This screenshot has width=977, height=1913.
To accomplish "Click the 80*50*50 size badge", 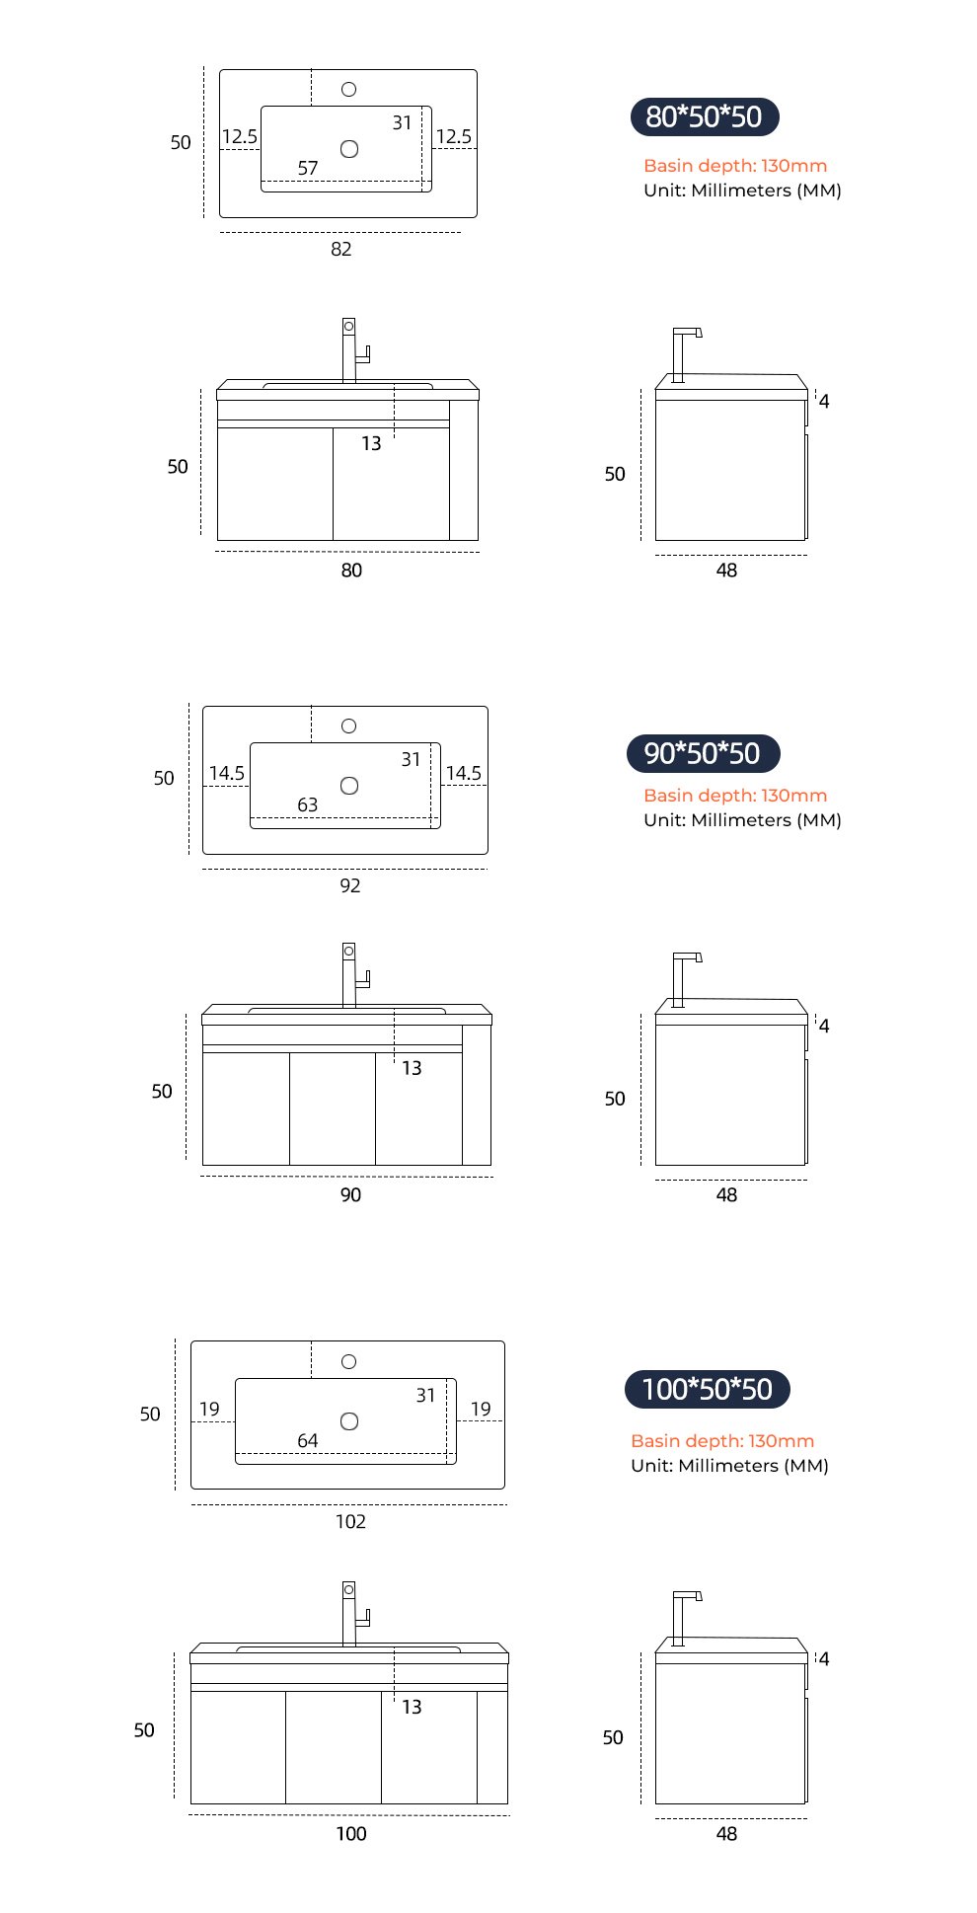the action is pos(705,117).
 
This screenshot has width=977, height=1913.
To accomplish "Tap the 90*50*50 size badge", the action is pos(703,754).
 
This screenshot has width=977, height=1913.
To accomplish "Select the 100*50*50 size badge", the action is pos(707,1390).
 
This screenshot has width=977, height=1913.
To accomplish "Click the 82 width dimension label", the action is pos(341,249).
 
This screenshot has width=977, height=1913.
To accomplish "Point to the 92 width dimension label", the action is pos(350,885).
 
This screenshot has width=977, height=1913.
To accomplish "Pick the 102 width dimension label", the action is pos(350,1521).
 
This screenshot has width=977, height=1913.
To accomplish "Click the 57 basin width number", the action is pos(308,169).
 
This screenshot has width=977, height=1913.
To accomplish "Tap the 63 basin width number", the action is pos(308,805).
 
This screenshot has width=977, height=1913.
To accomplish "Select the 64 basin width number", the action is pos(308,1441).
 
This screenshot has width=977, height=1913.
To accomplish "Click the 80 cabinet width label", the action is pos(351,571).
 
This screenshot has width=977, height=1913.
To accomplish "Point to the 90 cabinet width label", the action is pos(350,1195).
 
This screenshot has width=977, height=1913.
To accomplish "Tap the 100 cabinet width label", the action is pos(351,1834).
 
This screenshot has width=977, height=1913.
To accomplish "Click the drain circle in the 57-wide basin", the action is pos(349,149).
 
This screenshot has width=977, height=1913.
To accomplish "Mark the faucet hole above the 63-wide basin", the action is pos(349,727).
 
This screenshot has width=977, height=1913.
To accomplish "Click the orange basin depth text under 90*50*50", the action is pos(735,796).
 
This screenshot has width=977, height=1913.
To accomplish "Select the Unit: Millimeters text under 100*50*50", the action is pos(729,1466).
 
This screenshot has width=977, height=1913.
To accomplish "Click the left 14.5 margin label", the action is pos(227,773).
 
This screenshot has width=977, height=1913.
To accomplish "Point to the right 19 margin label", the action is pos(481,1409).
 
